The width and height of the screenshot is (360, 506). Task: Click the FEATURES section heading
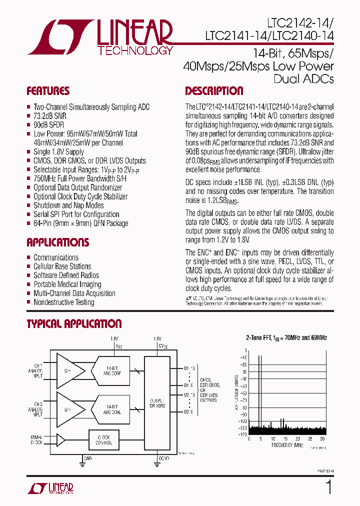48,91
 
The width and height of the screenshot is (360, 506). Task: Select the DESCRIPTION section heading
214,91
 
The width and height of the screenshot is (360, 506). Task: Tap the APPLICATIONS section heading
57,242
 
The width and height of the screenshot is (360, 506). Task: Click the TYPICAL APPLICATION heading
74,324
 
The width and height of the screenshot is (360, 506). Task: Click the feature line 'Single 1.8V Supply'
58,152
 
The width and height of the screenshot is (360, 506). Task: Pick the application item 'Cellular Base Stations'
62,266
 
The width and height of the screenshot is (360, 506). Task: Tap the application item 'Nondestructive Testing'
63,302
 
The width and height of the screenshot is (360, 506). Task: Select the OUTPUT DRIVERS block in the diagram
157,402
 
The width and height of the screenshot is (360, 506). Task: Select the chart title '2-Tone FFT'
260,338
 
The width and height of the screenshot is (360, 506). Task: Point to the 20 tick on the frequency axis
298,438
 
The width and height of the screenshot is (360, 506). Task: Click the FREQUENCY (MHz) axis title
287,444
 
